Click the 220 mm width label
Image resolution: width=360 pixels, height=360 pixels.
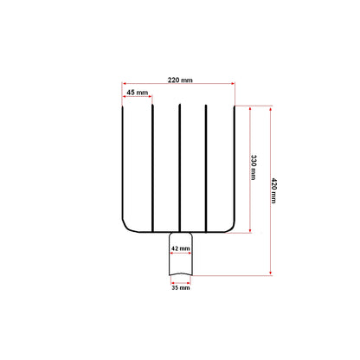coord(180,80)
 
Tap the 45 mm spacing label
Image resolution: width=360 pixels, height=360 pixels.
coord(138,93)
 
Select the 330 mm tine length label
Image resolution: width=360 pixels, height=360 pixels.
coord(254,167)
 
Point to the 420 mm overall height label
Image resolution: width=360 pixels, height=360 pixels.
coord(273,190)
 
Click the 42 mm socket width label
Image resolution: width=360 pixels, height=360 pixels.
coord(181,248)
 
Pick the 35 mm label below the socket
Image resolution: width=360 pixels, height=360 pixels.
coord(181,287)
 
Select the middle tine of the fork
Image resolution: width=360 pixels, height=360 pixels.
coord(179,168)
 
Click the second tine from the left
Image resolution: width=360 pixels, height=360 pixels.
coord(152,168)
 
